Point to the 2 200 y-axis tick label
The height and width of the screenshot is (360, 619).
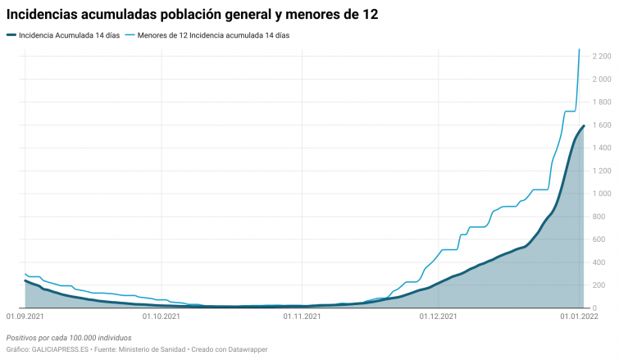click(x=599, y=56)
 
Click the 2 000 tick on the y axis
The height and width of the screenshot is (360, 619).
click(x=599, y=79)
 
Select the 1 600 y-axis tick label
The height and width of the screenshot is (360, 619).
click(x=599, y=125)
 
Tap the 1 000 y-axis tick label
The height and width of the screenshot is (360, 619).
click(x=599, y=194)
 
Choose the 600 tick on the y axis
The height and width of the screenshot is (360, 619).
click(x=603, y=239)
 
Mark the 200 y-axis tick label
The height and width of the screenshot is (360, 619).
click(x=603, y=285)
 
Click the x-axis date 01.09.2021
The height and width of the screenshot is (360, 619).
click(x=25, y=315)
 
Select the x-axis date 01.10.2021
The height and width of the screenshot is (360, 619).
click(x=162, y=315)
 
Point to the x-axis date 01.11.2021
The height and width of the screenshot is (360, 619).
click(x=303, y=315)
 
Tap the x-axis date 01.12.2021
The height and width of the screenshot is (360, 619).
click(x=439, y=315)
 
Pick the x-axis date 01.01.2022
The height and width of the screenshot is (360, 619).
click(x=580, y=315)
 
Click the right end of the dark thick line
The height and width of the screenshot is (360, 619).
click(x=583, y=126)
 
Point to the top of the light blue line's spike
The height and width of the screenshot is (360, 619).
click(x=580, y=50)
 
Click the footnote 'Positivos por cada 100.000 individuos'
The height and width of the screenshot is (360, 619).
click(x=69, y=337)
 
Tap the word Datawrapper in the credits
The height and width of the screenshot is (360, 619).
click(x=246, y=349)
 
